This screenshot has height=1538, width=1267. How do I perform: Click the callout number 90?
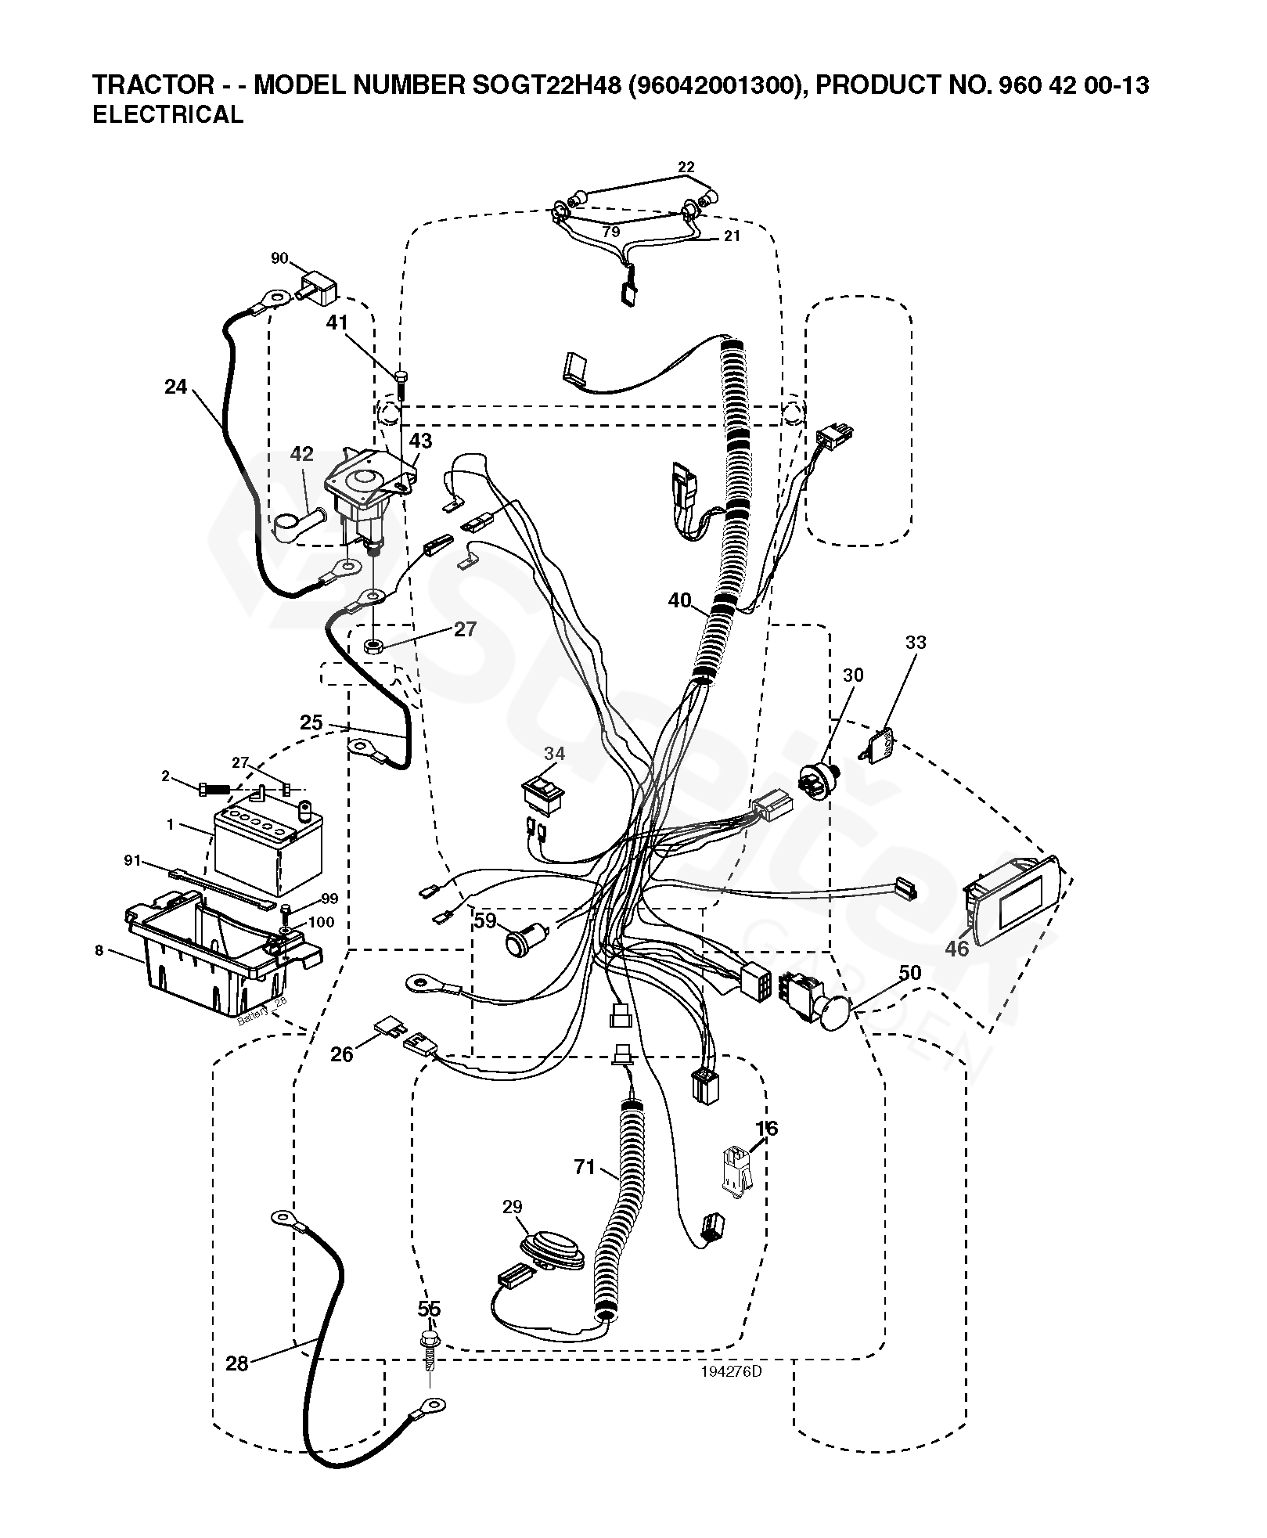[x=279, y=258]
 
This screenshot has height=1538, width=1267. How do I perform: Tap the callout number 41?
[x=337, y=323]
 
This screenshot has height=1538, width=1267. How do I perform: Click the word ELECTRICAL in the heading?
[x=167, y=115]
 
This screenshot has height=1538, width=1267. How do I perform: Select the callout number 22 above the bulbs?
[x=686, y=167]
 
